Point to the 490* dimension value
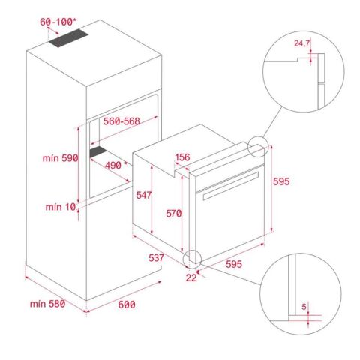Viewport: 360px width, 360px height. click(114, 165)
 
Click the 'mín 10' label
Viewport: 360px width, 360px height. click(61, 206)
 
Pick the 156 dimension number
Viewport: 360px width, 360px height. click(182, 157)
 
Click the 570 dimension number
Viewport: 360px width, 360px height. click(174, 214)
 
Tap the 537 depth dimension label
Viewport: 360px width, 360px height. click(155, 258)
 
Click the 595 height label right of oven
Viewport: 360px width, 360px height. click(280, 182)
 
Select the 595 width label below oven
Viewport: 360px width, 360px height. click(233, 263)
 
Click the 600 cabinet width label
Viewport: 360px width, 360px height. click(127, 304)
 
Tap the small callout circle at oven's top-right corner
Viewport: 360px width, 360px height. click(256, 147)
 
